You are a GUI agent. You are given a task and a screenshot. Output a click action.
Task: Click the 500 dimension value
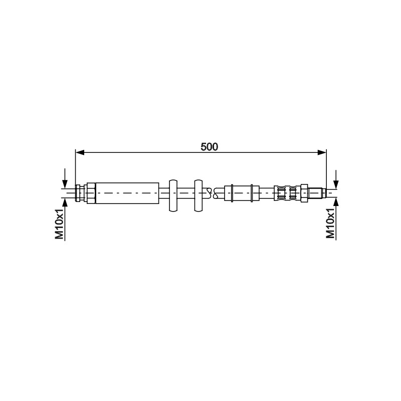pyautogui.click(x=209, y=147)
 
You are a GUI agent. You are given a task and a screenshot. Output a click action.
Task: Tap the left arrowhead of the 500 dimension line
pyautogui.click(x=80, y=153)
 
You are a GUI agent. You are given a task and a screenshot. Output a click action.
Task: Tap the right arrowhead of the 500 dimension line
pyautogui.click(x=322, y=153)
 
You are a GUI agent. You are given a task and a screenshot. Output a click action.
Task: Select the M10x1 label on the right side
pyautogui.click(x=330, y=223)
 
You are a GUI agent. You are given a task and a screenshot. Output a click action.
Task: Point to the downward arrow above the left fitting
pyautogui.click(x=65, y=178)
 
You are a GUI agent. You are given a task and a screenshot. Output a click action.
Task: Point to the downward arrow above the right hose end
pyautogui.click(x=336, y=179)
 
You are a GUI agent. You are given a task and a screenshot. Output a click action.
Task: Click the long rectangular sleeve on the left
pyautogui.click(x=127, y=193)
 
